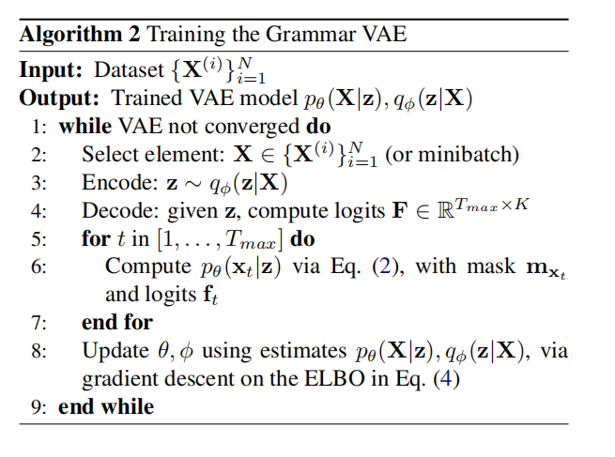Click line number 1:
[x=39, y=126]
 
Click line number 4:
[x=39, y=210]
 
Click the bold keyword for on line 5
[x=95, y=238]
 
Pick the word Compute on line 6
[x=140, y=267]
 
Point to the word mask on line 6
[x=484, y=267]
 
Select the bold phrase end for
[x=117, y=322]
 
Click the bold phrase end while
[x=106, y=406]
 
